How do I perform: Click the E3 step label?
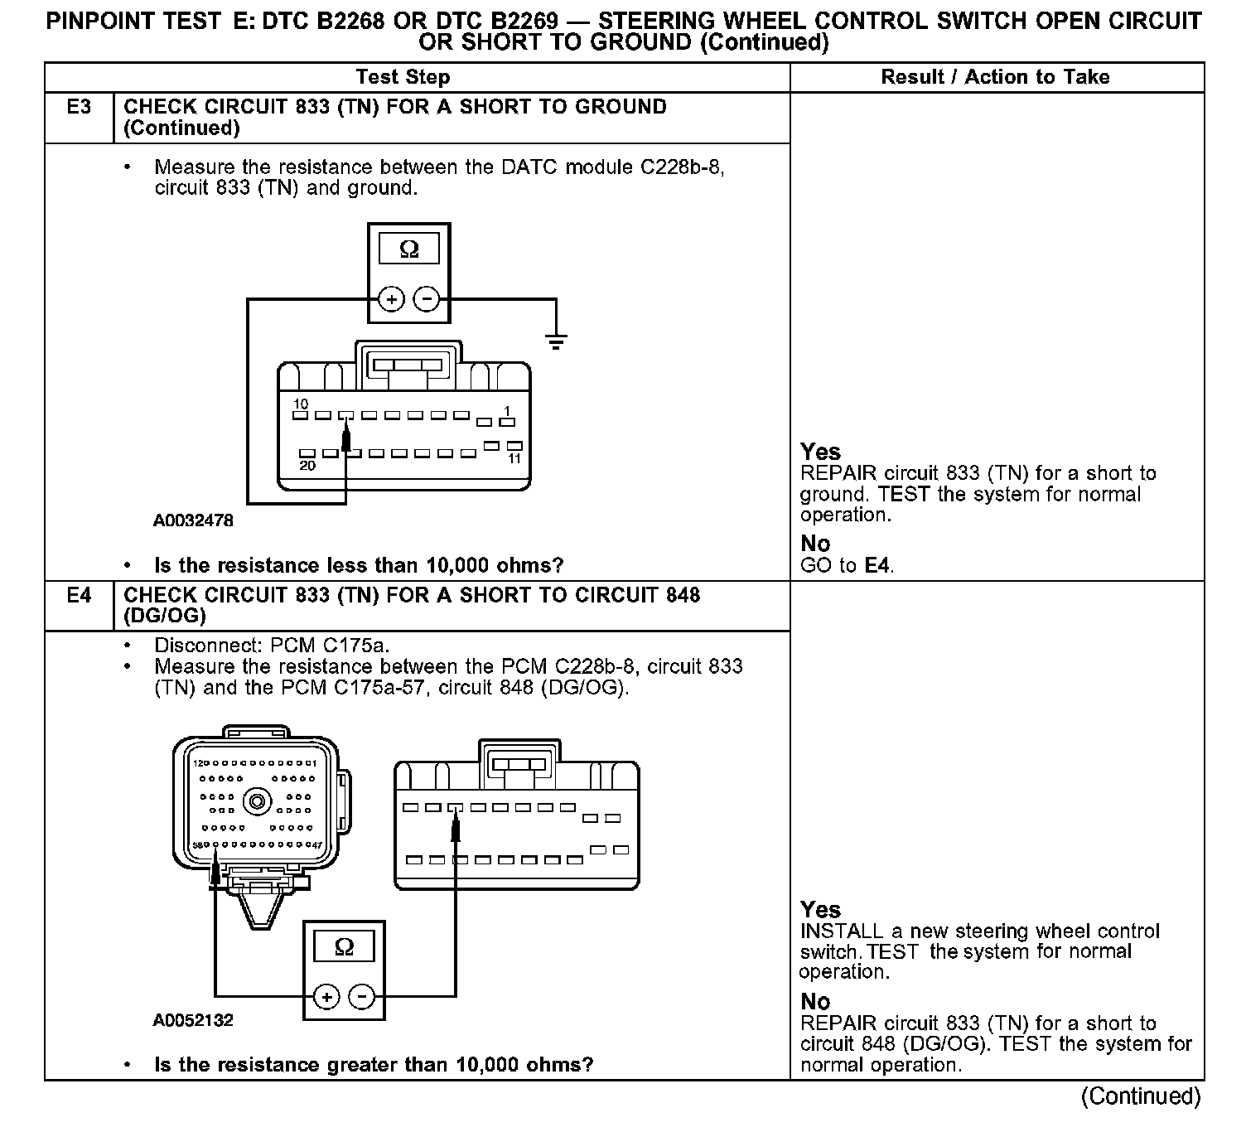[79, 107]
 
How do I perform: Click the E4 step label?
[79, 595]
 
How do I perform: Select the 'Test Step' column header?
[403, 77]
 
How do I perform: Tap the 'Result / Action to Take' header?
[995, 77]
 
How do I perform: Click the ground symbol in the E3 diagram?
[556, 341]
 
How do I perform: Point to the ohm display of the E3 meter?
[409, 249]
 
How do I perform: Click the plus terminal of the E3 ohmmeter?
[391, 298]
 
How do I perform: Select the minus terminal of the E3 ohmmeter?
[427, 298]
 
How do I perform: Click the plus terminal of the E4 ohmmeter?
[326, 997]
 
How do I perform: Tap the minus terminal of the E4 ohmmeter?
[362, 997]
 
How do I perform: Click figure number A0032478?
[193, 520]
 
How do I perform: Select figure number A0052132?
[193, 1020]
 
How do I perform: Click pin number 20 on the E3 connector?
[307, 466]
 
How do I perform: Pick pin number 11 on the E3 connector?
[514, 458]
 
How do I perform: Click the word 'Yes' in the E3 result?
[820, 452]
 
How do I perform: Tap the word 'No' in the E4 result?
[815, 1001]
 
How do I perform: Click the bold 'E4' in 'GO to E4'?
[878, 566]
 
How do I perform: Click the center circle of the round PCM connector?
[258, 801]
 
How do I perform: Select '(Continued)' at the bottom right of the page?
[1141, 1096]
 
